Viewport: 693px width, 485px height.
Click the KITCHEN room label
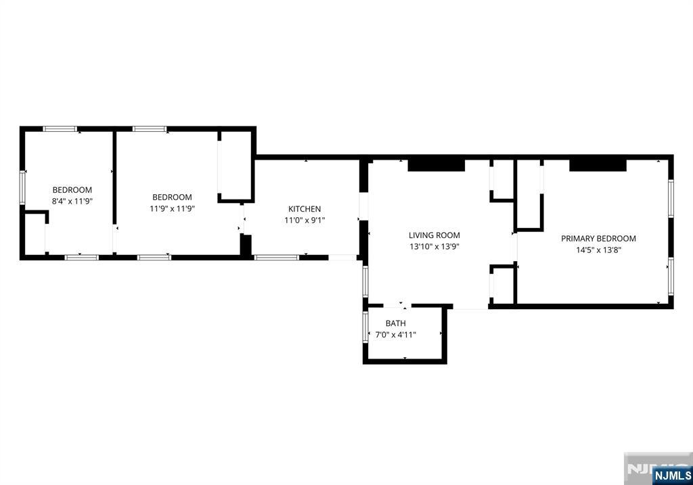click(x=305, y=209)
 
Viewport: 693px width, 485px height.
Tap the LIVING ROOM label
click(x=434, y=235)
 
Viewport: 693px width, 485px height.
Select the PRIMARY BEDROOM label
click(x=598, y=238)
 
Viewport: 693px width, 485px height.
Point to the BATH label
click(x=395, y=323)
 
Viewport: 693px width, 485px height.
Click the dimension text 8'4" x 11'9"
click(x=72, y=201)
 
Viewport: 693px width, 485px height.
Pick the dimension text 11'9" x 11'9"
click(x=172, y=208)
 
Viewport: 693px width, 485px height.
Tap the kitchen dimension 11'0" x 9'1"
click(x=305, y=220)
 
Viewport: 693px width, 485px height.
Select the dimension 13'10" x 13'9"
click(x=434, y=246)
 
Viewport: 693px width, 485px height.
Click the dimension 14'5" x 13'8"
click(x=598, y=249)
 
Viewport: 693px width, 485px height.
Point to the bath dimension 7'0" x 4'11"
click(x=395, y=334)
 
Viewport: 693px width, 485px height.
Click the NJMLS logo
click(x=671, y=476)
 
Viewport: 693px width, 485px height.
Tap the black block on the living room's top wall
click(x=436, y=164)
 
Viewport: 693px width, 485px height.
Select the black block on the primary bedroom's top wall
click(x=598, y=164)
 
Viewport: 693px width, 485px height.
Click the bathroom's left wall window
click(x=365, y=326)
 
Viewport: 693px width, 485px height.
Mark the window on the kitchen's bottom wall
click(x=276, y=257)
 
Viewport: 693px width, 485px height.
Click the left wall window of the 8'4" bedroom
click(x=22, y=187)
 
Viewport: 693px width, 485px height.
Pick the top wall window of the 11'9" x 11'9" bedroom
click(x=150, y=129)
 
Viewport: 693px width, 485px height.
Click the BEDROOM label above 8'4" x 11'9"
click(x=72, y=190)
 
